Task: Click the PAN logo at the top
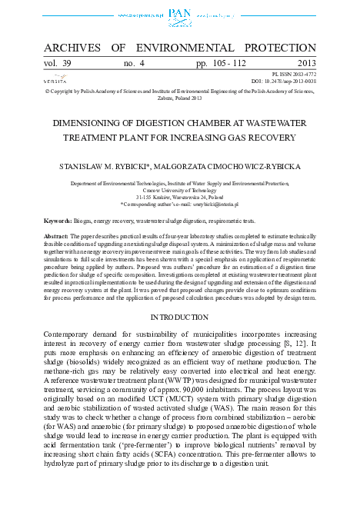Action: click(179, 13)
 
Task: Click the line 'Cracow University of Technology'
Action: click(179, 191)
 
